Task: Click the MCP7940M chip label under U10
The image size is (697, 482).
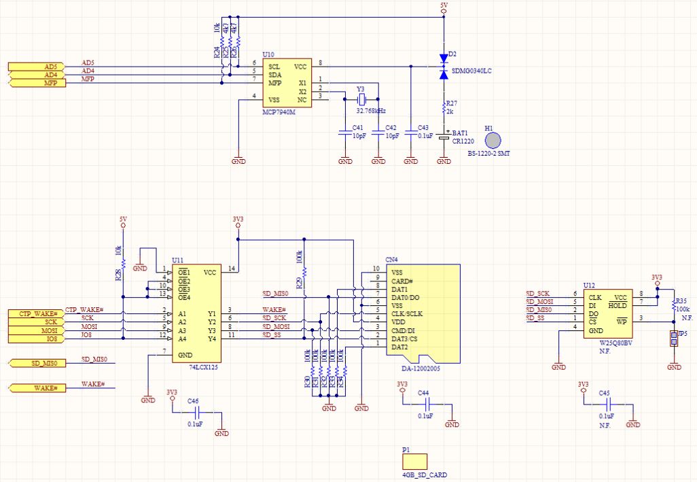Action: click(279, 111)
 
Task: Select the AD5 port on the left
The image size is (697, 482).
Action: click(37, 66)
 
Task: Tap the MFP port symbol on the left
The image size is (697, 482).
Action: click(37, 83)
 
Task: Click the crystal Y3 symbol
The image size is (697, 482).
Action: click(361, 90)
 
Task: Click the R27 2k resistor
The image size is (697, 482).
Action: click(444, 107)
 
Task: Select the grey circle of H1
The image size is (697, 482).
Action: click(494, 140)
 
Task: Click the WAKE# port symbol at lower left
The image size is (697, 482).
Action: click(37, 388)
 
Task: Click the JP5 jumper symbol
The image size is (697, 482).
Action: click(674, 339)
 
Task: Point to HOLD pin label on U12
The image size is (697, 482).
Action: click(618, 306)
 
